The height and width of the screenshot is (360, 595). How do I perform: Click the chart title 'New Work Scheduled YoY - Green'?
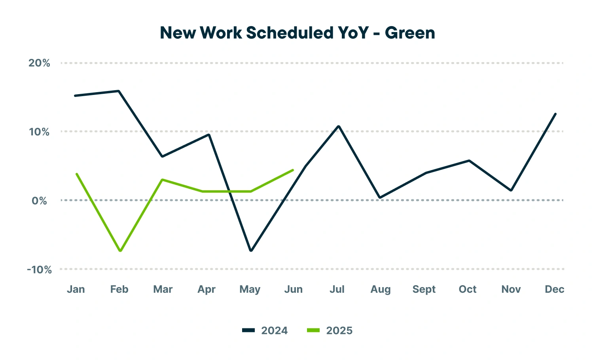pyautogui.click(x=297, y=33)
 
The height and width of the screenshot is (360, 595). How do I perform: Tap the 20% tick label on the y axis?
pyautogui.click(x=40, y=63)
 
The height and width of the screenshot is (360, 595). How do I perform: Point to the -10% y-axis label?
pyautogui.click(x=40, y=270)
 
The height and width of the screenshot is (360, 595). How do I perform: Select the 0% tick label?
pyautogui.click(x=40, y=201)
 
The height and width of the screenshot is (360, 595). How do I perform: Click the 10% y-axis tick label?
pyautogui.click(x=40, y=132)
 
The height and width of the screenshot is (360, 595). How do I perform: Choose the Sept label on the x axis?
pyautogui.click(x=424, y=290)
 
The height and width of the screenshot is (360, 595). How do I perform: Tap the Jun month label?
pyautogui.click(x=294, y=290)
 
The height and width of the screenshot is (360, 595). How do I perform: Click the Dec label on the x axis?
pyautogui.click(x=554, y=290)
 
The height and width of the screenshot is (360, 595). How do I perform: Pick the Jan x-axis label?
pyautogui.click(x=76, y=290)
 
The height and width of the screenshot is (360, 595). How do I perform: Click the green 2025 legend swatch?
pyautogui.click(x=313, y=330)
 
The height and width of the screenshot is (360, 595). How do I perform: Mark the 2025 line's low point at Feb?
pyautogui.click(x=120, y=251)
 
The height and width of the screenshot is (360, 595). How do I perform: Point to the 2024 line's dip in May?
pyautogui.click(x=251, y=250)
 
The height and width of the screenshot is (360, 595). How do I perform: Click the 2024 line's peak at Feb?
pyautogui.click(x=119, y=91)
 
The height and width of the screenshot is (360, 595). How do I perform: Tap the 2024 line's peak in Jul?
pyautogui.click(x=339, y=126)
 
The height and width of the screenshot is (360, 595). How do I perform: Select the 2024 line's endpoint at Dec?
pyautogui.click(x=555, y=114)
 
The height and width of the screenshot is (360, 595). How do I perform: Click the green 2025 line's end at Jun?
pyautogui.click(x=293, y=170)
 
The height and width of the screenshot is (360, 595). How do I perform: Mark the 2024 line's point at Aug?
pyautogui.click(x=380, y=197)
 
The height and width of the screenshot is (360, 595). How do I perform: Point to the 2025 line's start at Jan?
pyautogui.click(x=76, y=174)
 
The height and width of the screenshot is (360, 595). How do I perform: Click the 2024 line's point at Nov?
pyautogui.click(x=512, y=190)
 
